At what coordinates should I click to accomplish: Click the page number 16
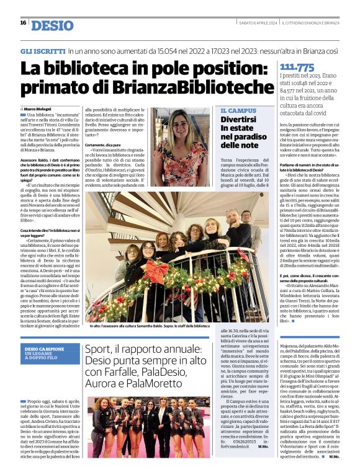23,22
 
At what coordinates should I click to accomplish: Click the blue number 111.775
297,68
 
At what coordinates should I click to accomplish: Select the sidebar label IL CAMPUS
238,110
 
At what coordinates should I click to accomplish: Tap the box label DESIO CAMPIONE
44,349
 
